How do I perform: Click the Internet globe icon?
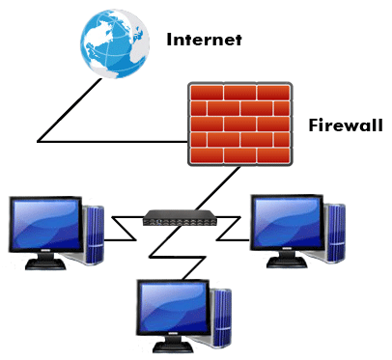115,44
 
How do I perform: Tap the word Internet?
204,41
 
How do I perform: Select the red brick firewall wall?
239,123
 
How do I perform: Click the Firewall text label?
345,125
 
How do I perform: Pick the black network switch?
179,218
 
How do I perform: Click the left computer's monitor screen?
43,227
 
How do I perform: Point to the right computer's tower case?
334,232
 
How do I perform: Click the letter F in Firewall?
313,125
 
